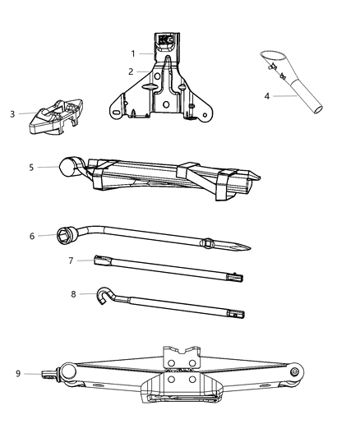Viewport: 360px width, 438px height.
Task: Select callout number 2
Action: (x=130, y=72)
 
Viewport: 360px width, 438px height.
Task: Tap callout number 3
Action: (x=12, y=114)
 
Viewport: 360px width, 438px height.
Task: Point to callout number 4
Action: (x=267, y=96)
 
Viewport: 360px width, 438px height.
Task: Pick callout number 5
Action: (x=31, y=167)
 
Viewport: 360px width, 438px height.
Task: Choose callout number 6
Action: (x=32, y=236)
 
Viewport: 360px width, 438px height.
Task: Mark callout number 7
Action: (x=71, y=261)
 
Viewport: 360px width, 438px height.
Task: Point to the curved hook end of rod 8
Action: (x=104, y=293)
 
